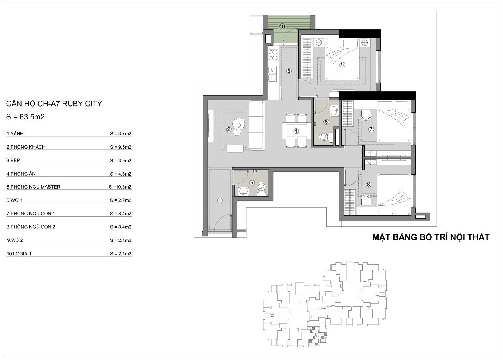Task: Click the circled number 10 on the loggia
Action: pyautogui.click(x=282, y=26)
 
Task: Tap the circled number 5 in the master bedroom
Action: pyautogui.click(x=342, y=65)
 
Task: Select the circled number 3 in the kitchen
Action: pyautogui.click(x=288, y=71)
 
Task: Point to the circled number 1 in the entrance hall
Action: pyautogui.click(x=219, y=200)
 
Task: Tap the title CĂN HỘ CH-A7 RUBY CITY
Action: pyautogui.click(x=54, y=104)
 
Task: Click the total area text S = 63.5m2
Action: pyautogui.click(x=25, y=117)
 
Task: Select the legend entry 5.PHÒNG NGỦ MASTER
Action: pyautogui.click(x=34, y=187)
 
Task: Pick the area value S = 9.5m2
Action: pyautogui.click(x=121, y=147)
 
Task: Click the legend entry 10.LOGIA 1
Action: pyautogui.click(x=19, y=254)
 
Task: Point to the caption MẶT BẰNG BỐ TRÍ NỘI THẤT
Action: pyautogui.click(x=431, y=237)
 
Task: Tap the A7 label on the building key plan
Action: pyautogui.click(x=317, y=336)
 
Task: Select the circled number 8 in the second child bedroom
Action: pyautogui.click(x=368, y=185)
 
